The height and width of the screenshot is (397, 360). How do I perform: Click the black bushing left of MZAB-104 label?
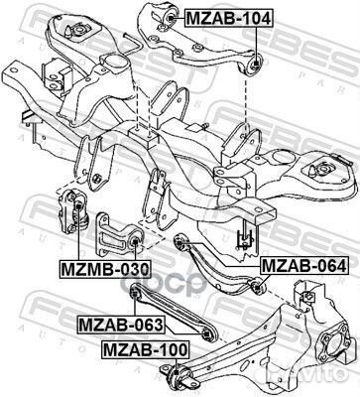(x=169, y=15)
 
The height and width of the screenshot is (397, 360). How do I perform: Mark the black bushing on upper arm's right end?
(x=256, y=64)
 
